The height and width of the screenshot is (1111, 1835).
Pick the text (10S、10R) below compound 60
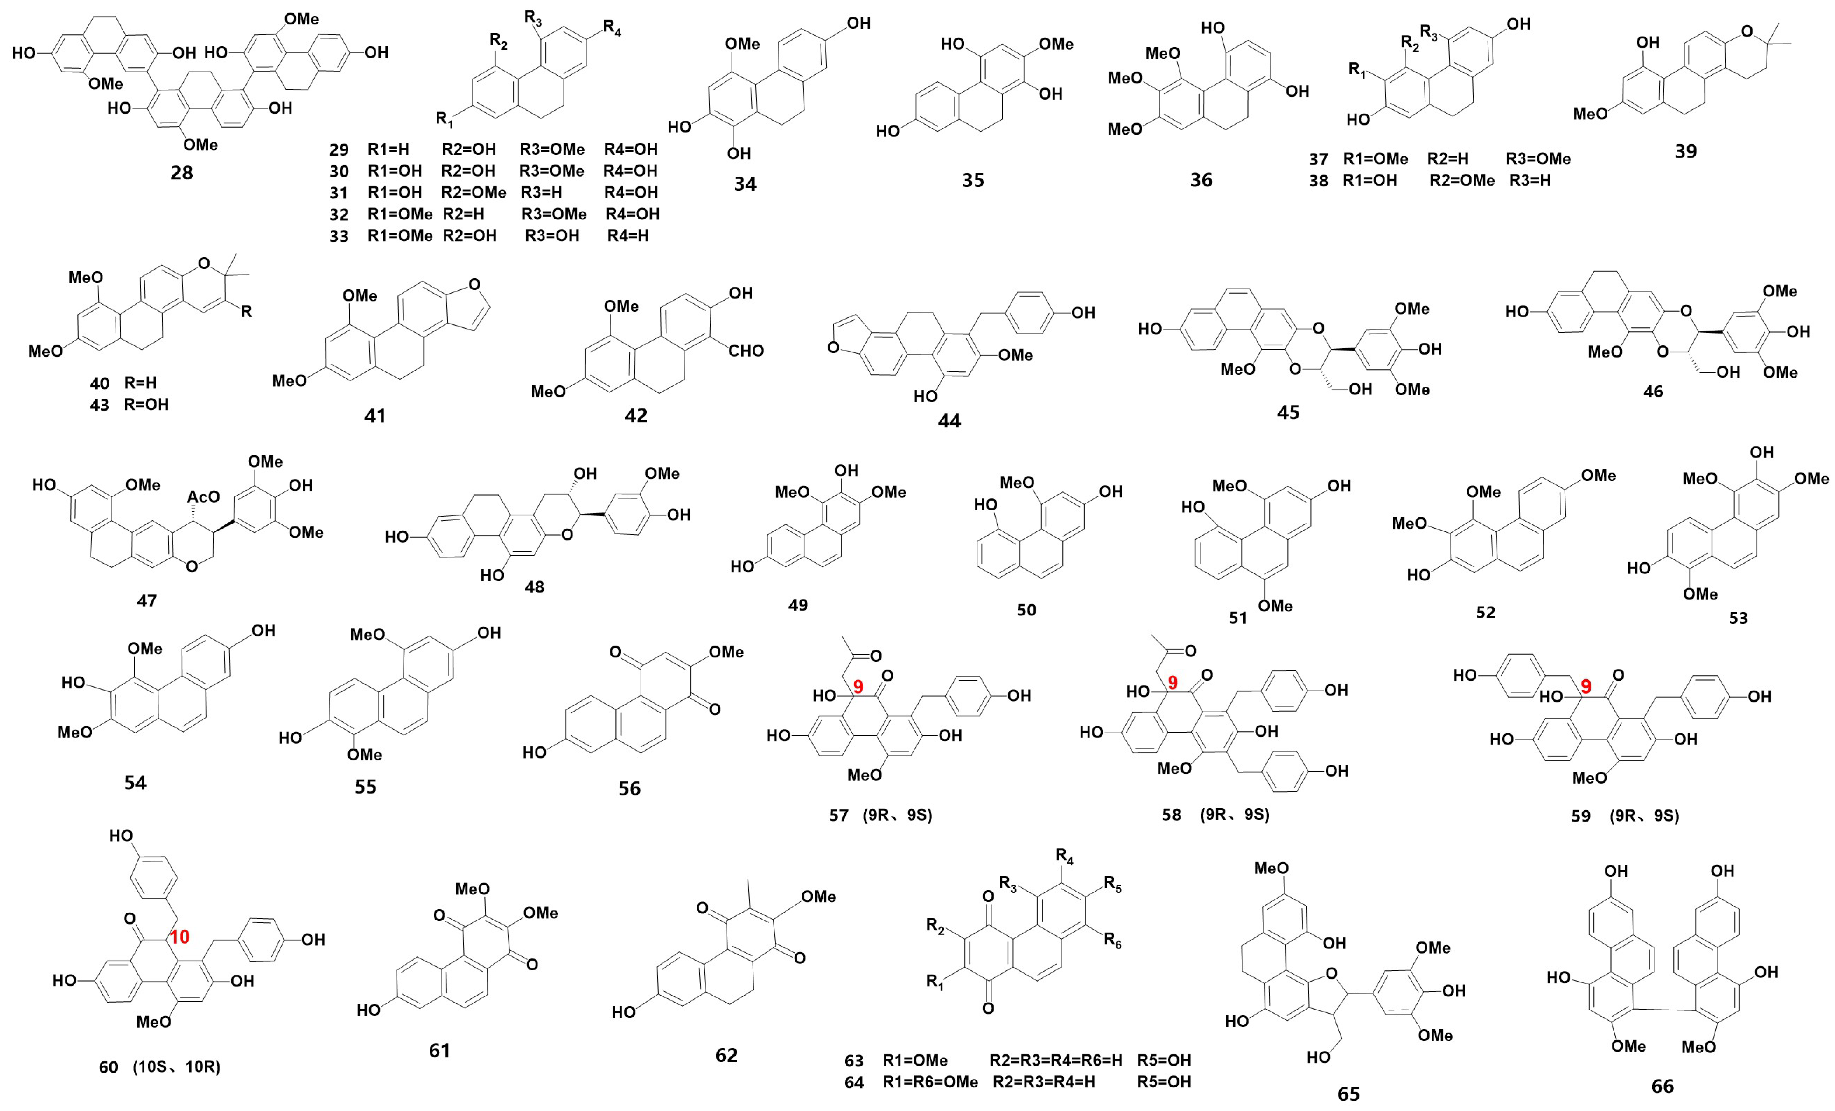coord(177,1067)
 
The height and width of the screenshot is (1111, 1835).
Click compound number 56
coord(629,788)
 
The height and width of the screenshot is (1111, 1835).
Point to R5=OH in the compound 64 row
coord(1163,1082)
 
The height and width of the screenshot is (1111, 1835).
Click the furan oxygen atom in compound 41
coord(474,284)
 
